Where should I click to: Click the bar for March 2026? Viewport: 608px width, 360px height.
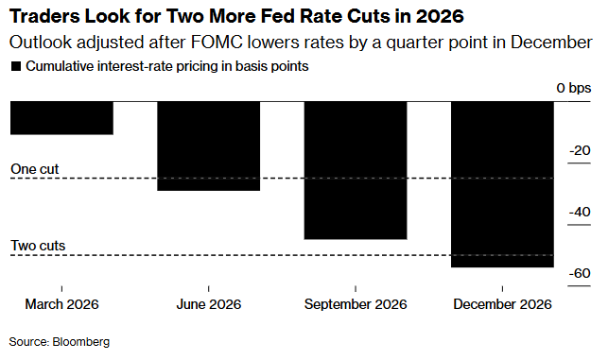tap(61, 118)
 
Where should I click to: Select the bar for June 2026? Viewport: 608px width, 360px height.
tap(208, 146)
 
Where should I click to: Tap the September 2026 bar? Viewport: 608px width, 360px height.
tap(356, 170)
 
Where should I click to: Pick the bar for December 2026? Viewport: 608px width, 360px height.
tap(502, 184)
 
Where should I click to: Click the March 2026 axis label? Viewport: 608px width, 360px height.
tap(61, 304)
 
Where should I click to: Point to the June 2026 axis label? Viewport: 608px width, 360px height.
tap(208, 304)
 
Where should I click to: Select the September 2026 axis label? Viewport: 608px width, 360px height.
tap(356, 304)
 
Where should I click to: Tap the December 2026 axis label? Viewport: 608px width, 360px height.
tap(502, 304)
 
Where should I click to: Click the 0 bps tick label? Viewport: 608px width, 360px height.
tap(573, 88)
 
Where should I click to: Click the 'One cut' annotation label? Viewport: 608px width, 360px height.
tap(35, 169)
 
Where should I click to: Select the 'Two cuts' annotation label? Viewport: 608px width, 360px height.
tap(38, 246)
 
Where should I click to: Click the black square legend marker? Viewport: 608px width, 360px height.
tap(14, 67)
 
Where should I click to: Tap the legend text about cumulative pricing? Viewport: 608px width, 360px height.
tap(166, 67)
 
